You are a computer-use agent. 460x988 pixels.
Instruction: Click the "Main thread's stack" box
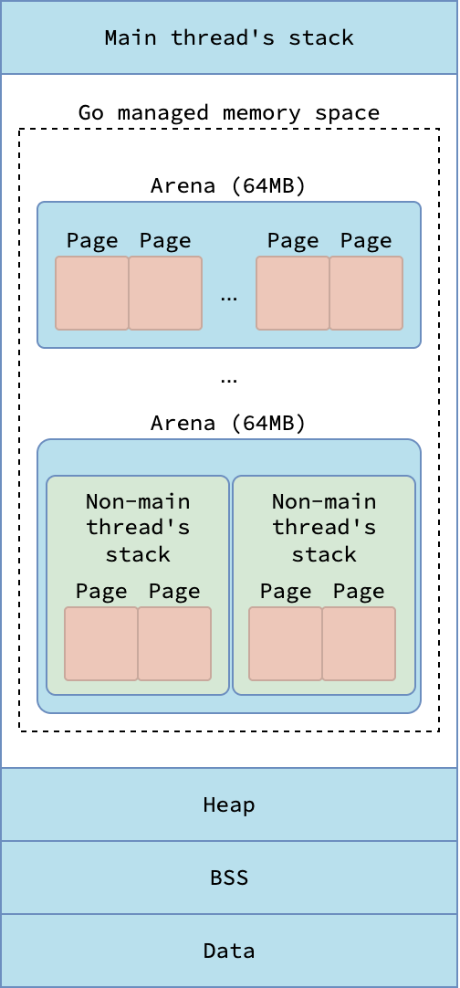point(229,37)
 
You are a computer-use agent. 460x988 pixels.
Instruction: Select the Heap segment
point(229,804)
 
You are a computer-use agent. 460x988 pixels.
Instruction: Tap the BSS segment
point(229,878)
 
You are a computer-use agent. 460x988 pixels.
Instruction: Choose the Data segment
point(229,951)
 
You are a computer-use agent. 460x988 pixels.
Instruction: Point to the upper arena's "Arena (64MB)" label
point(228,186)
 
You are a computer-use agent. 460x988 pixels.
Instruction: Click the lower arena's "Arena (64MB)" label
point(228,423)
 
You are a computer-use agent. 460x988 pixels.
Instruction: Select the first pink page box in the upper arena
point(92,293)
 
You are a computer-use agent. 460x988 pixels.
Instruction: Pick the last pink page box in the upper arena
point(366,293)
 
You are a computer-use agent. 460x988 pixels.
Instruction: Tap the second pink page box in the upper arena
point(165,293)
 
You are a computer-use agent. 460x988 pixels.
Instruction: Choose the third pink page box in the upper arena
point(293,293)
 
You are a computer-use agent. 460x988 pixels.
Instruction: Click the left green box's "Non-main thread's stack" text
point(138,528)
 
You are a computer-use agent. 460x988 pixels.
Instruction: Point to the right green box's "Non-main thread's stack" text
point(324,528)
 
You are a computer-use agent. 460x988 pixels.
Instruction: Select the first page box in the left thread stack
point(100,644)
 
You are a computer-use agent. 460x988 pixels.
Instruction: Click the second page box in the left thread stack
point(174,644)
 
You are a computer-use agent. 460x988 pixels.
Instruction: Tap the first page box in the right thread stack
point(286,644)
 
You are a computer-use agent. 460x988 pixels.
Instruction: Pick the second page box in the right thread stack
point(359,644)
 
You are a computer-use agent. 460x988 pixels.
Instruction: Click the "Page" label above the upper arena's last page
point(366,241)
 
